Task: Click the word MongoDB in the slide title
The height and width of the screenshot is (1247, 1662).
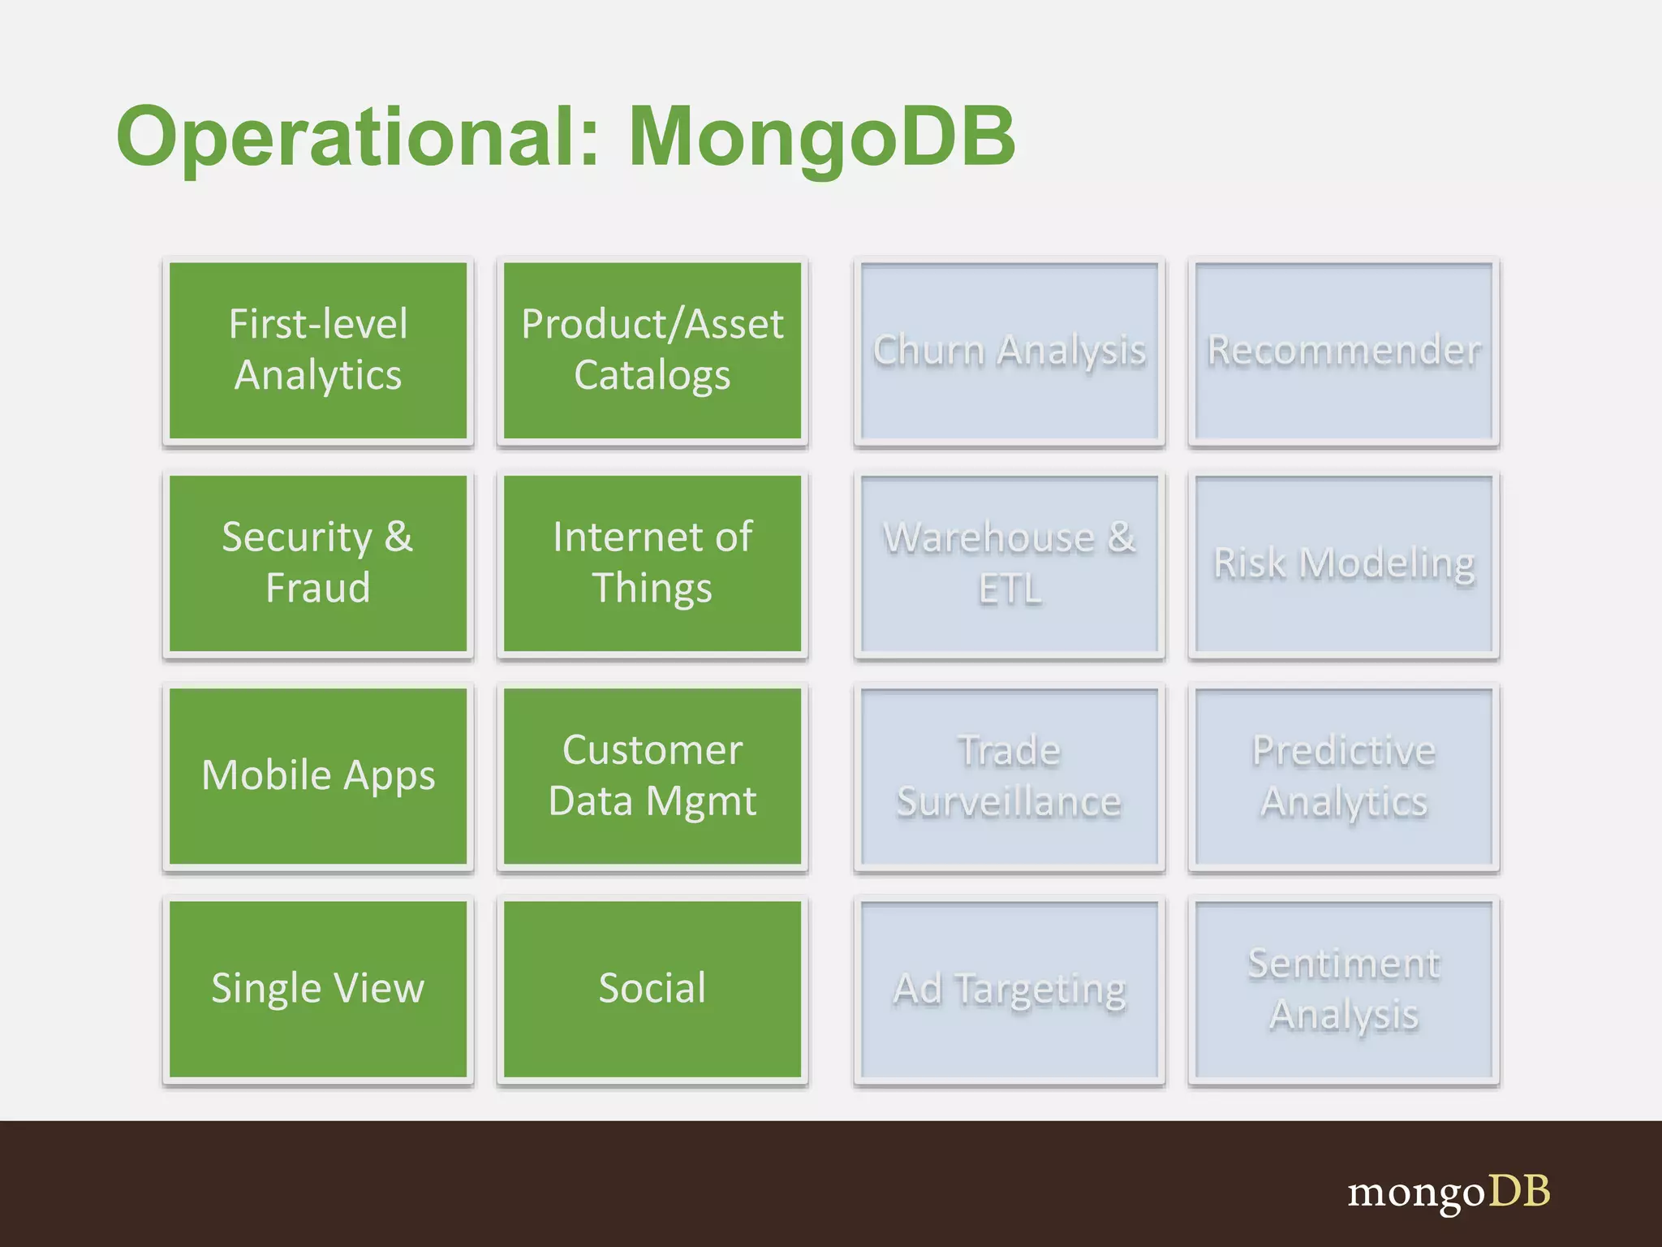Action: (x=821, y=136)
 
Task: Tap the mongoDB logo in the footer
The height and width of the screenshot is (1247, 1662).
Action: (x=1449, y=1193)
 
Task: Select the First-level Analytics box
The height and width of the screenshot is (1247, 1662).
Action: (x=318, y=350)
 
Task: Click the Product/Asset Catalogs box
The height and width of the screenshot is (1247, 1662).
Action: (x=652, y=350)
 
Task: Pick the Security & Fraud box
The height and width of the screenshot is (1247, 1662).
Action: (x=318, y=563)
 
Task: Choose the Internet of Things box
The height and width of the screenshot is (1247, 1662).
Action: (x=652, y=563)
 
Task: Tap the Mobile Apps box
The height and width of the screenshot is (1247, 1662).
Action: (x=318, y=776)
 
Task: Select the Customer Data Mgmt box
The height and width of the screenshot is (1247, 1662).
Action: (x=652, y=776)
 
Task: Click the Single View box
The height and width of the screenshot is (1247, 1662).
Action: (x=318, y=989)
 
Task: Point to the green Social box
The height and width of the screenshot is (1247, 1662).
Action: (x=652, y=989)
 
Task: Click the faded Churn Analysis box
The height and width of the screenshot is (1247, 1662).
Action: (x=1009, y=350)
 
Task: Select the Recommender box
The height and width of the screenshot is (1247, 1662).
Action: (x=1344, y=350)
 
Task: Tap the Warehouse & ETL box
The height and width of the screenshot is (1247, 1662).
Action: (x=1009, y=563)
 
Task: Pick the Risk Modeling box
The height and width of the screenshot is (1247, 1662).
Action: (x=1344, y=563)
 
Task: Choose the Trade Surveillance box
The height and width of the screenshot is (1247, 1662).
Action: (x=1009, y=776)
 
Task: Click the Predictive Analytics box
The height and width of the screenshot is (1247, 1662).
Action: (x=1344, y=776)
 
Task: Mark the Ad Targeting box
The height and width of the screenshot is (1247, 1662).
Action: (x=1009, y=989)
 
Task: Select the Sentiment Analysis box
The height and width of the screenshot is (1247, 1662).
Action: (x=1344, y=989)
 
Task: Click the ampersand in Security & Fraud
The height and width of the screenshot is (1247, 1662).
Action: (x=398, y=537)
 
